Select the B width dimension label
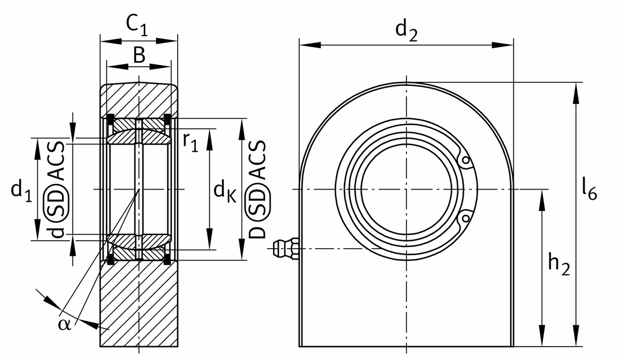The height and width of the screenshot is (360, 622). (x=138, y=55)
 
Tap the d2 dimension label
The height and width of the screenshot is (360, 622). (x=406, y=31)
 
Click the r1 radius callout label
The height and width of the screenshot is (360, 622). (x=190, y=141)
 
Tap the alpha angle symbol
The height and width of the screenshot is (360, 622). (x=64, y=324)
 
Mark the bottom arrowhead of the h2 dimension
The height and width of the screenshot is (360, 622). (x=542, y=337)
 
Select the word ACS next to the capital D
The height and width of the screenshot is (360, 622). (x=259, y=161)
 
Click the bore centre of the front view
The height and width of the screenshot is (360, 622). (x=406, y=190)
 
